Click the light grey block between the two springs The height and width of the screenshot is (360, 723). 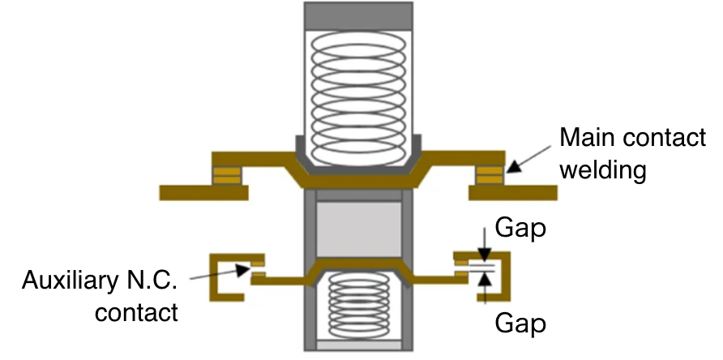357,227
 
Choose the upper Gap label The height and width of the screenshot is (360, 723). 520,229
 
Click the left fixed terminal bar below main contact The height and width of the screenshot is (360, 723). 203,192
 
